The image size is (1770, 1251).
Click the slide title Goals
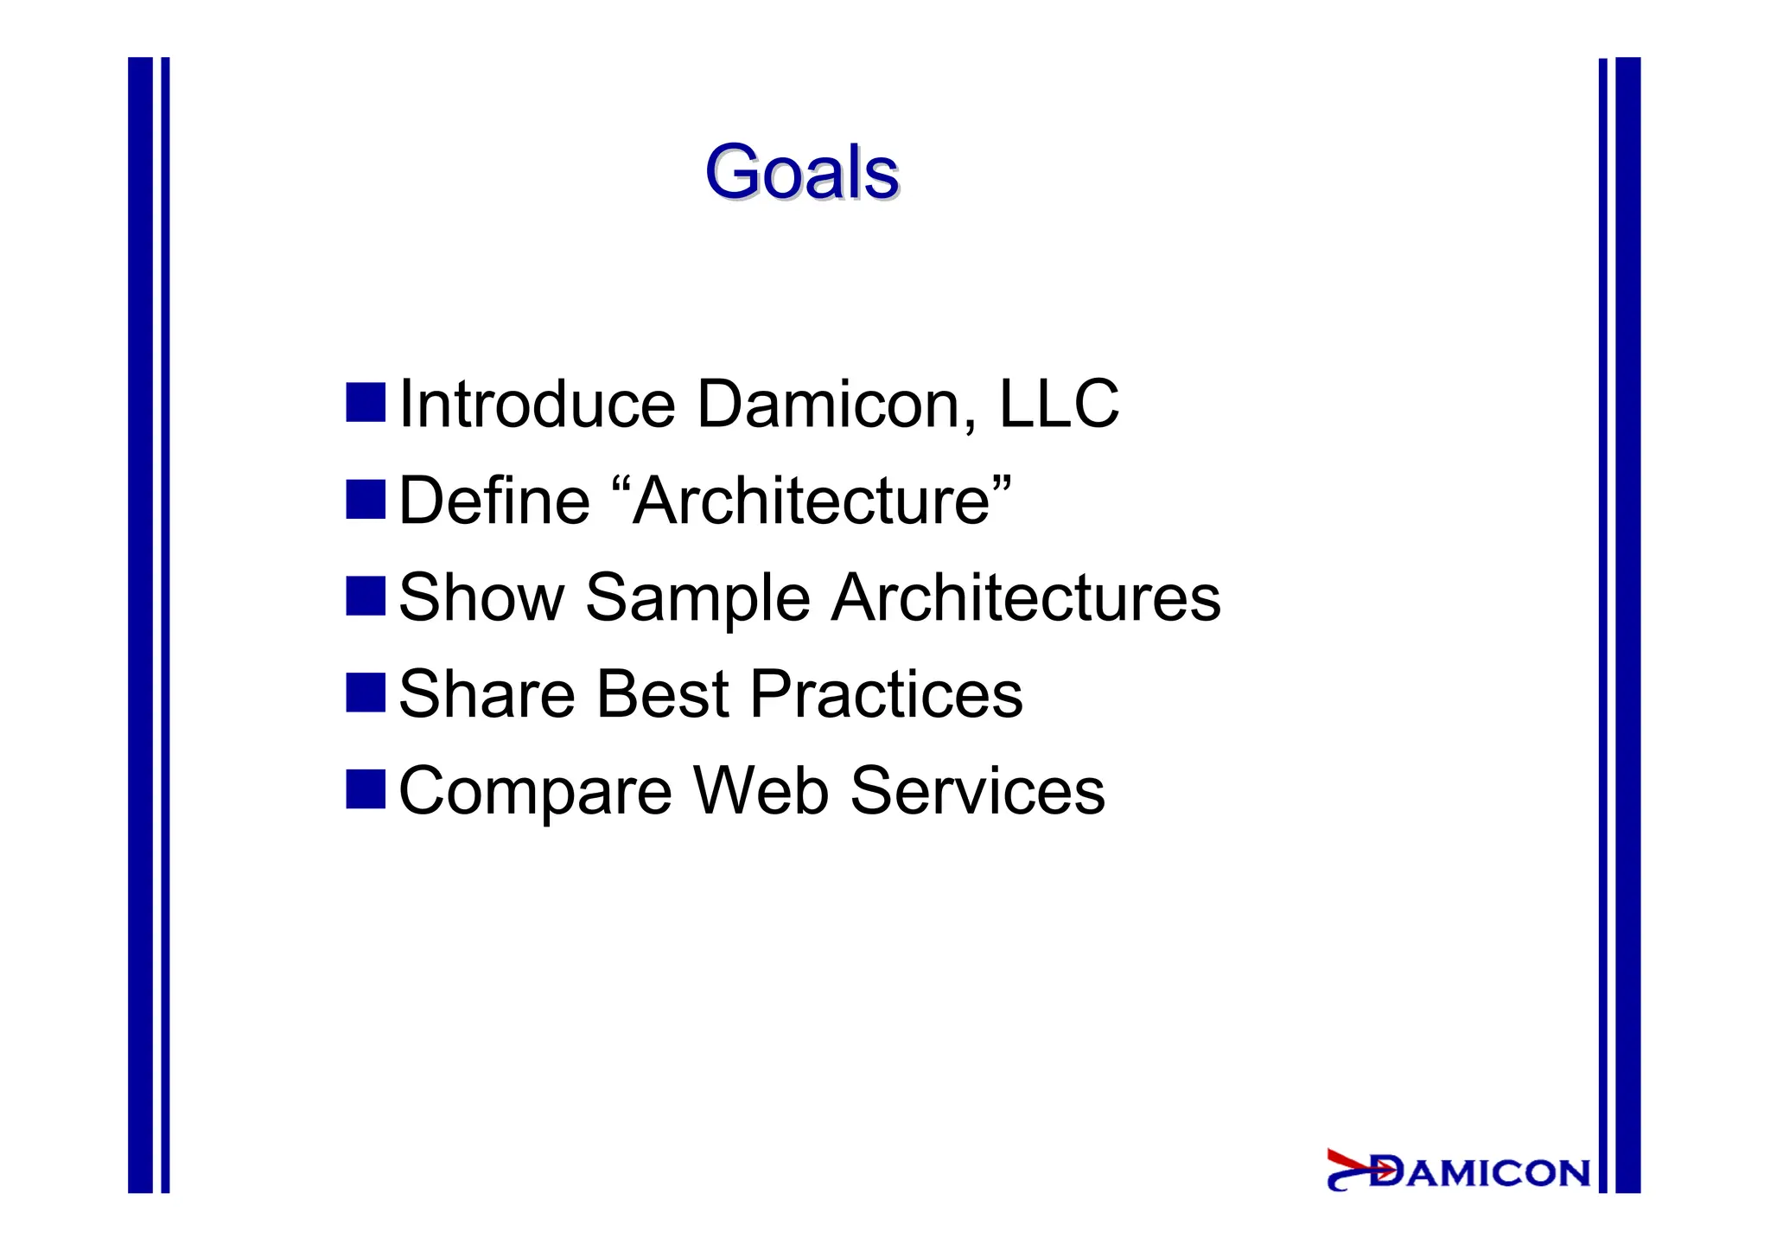[x=801, y=172]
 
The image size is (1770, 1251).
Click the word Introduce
[x=536, y=404]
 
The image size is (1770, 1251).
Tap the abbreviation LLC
[x=1058, y=404]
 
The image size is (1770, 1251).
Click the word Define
[x=493, y=501]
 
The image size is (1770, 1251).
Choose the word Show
[x=481, y=597]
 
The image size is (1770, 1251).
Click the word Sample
[x=697, y=599]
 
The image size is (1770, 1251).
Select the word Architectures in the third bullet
[x=1025, y=597]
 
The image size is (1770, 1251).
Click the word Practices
[x=886, y=694]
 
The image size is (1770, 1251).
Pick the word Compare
[x=535, y=792]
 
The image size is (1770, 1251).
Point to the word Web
[x=761, y=790]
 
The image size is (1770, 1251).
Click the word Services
[x=977, y=790]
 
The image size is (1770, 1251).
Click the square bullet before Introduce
[x=365, y=403]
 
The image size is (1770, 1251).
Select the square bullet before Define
[x=365, y=500]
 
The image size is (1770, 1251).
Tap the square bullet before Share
[x=365, y=693]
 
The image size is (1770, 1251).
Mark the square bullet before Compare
[x=365, y=789]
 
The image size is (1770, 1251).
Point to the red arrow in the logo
[x=1358, y=1165]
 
